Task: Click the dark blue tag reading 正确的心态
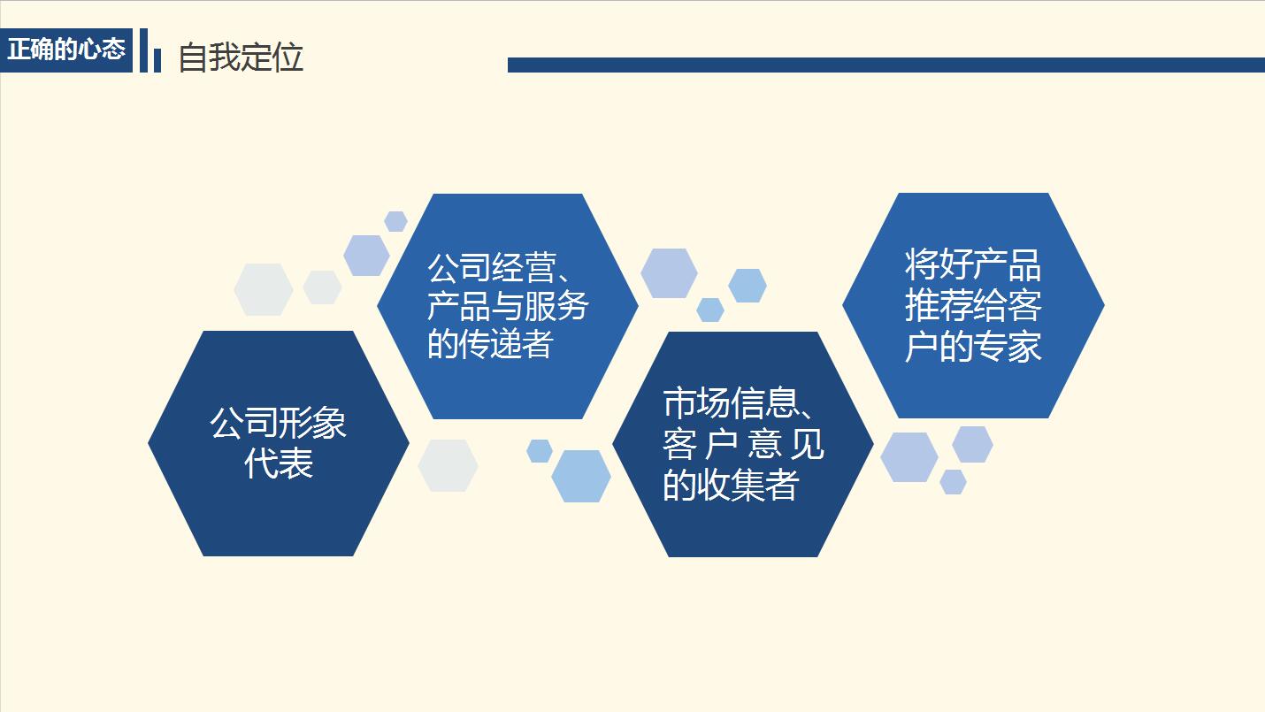click(66, 50)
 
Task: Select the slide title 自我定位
click(241, 57)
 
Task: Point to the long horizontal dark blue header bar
click(885, 65)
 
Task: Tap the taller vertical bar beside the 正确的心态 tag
click(143, 50)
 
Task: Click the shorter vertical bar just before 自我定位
click(157, 59)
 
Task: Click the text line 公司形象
click(278, 423)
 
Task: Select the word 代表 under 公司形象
click(278, 463)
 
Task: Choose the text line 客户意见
click(743, 445)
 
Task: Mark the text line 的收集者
click(731, 486)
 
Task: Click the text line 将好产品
click(973, 264)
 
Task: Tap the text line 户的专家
click(973, 346)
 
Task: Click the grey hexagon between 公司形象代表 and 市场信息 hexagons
click(448, 465)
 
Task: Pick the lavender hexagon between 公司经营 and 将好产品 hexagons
click(669, 272)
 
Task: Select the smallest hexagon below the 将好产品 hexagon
click(953, 482)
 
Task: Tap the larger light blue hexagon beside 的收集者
click(581, 476)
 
